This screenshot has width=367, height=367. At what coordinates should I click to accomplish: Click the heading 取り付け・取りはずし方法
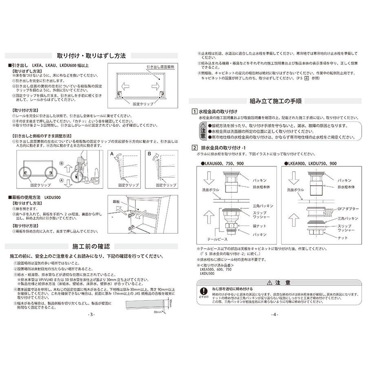tap(91, 56)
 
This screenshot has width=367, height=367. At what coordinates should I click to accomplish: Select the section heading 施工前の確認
tap(91, 247)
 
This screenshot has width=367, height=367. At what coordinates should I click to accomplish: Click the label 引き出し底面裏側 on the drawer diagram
tap(160, 66)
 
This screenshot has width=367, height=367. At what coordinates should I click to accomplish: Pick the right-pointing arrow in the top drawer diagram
tap(155, 86)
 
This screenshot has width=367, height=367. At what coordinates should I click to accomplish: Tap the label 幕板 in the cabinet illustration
tap(117, 201)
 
